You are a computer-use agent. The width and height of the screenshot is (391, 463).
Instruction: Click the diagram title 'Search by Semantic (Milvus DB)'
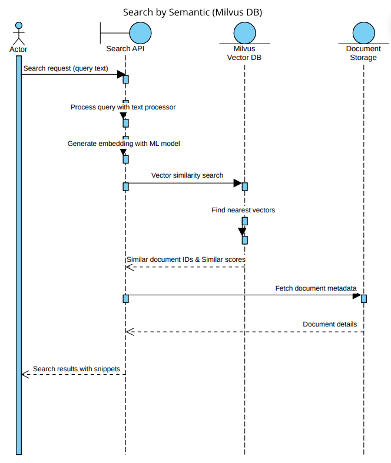[192, 12]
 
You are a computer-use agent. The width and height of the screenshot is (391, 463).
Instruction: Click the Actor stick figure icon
[19, 34]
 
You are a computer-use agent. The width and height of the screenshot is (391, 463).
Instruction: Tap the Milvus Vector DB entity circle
[244, 33]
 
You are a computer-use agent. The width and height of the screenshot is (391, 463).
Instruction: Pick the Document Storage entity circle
[363, 33]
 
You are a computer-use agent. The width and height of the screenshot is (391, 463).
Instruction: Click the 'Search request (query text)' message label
[65, 68]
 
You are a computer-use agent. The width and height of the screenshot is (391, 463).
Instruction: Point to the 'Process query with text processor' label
[123, 107]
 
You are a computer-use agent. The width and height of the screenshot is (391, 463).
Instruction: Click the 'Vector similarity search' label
[187, 175]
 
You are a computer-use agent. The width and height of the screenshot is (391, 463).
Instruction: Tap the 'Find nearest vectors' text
[243, 209]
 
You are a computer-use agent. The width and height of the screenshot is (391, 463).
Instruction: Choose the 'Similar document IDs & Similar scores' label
[186, 259]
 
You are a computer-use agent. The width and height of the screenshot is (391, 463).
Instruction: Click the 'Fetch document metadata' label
[316, 288]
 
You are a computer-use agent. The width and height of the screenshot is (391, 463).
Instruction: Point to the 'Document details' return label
[330, 324]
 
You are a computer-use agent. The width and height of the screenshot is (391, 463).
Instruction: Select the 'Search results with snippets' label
[77, 369]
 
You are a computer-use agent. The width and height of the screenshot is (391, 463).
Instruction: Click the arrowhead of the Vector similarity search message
[238, 183]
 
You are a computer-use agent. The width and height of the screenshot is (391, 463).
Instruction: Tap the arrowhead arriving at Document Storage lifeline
[357, 295]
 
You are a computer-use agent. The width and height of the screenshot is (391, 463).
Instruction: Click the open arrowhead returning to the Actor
[25, 374]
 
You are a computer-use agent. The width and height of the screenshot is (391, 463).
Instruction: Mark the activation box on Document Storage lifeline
[364, 298]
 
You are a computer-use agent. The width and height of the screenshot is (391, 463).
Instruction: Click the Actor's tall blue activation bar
[19, 253]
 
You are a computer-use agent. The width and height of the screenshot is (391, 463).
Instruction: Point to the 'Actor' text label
[18, 49]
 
